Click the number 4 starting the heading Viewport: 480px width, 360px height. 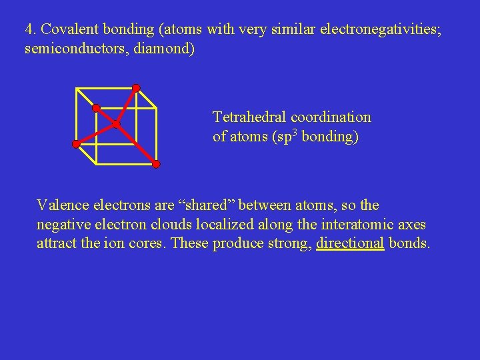point(29,30)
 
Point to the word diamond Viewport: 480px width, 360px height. point(167,49)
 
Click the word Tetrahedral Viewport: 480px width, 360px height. point(251,117)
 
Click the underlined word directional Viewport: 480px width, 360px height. point(351,243)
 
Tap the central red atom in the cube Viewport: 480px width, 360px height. point(115,124)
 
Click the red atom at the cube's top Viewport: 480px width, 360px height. point(136,87)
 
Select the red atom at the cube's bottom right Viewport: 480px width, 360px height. point(156,164)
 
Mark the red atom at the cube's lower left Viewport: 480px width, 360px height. point(76,144)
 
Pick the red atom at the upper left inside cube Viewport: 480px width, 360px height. point(96,107)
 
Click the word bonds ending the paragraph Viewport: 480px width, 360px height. point(409,243)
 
